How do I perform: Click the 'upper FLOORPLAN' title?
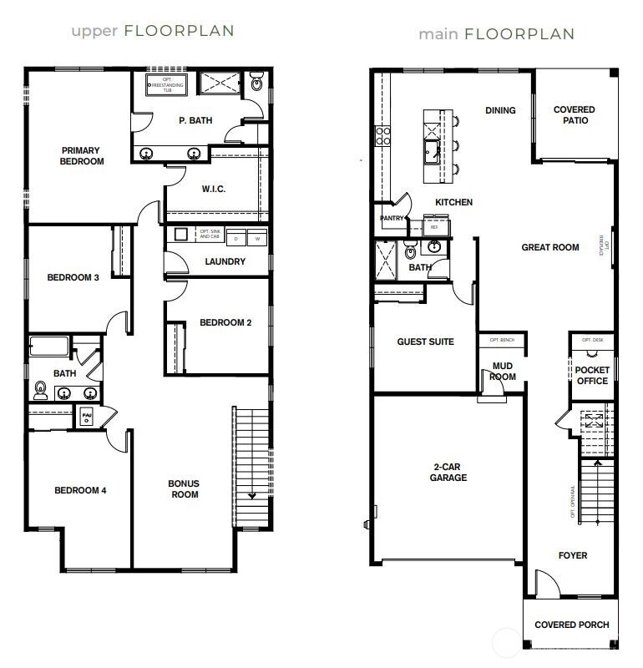[x=152, y=31]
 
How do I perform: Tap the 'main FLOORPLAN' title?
[x=496, y=34]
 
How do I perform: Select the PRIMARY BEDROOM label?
[x=82, y=156]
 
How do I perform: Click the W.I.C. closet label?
[x=214, y=189]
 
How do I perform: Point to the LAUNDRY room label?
[x=225, y=261]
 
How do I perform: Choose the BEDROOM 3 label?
[x=73, y=277]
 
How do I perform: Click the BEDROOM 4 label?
[x=80, y=490]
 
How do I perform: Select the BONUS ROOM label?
[x=185, y=489]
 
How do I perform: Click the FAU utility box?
[x=87, y=415]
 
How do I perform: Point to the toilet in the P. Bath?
[x=256, y=83]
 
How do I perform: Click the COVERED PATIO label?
[x=575, y=115]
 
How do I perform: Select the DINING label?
[x=500, y=110]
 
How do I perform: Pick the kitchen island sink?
[x=433, y=151]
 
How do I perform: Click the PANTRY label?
[x=392, y=219]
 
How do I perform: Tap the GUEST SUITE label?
[x=425, y=342]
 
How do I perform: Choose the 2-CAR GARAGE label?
[x=449, y=473]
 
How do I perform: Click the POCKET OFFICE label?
[x=592, y=376]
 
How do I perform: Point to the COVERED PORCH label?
[x=571, y=625]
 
